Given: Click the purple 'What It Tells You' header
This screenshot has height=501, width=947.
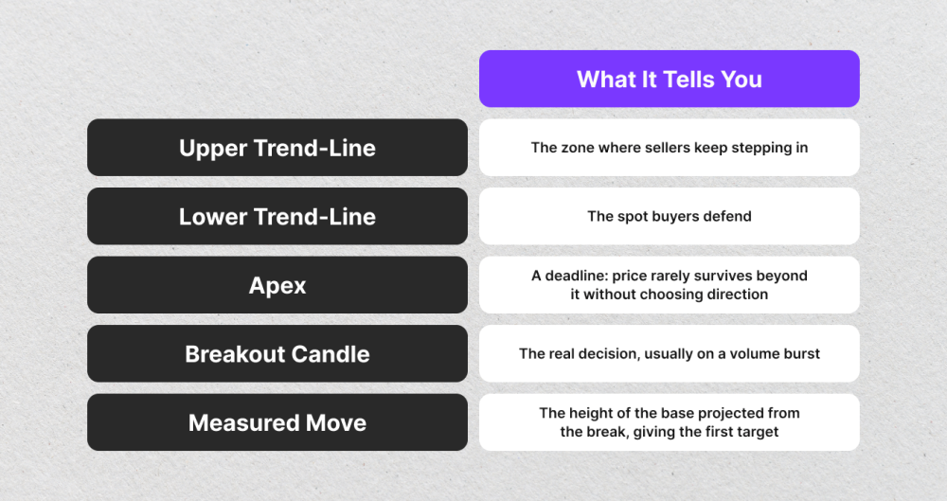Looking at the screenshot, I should pyautogui.click(x=669, y=79).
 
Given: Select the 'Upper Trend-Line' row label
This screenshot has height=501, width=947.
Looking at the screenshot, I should pyautogui.click(x=277, y=148).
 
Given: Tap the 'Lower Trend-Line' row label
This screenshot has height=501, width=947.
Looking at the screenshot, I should pyautogui.click(x=277, y=217).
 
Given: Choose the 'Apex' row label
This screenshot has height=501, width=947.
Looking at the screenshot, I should pyautogui.click(x=277, y=285).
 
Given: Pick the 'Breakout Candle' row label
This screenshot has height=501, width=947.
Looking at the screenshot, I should pyautogui.click(x=277, y=354).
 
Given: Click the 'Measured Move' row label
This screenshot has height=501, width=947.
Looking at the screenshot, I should pyautogui.click(x=277, y=422).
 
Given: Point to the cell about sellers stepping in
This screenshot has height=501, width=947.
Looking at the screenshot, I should pyautogui.click(x=669, y=148).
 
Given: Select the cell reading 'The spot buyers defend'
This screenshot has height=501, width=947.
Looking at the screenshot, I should pyautogui.click(x=669, y=217).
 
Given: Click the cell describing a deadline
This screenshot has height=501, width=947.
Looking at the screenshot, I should pyautogui.click(x=669, y=285).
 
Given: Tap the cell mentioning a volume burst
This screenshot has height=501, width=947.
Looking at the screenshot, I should pyautogui.click(x=669, y=354).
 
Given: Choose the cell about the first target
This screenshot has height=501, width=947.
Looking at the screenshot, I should pyautogui.click(x=669, y=422).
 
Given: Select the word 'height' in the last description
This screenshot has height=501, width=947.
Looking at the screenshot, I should pyautogui.click(x=597, y=413).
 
